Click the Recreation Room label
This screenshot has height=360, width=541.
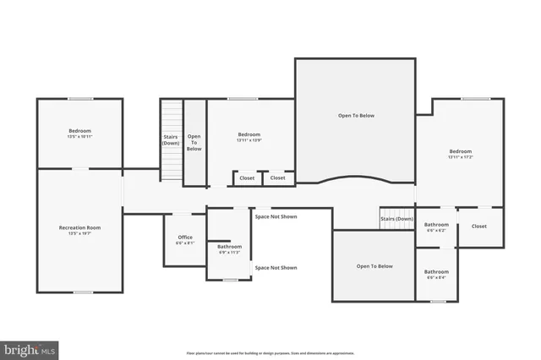tap(79, 227)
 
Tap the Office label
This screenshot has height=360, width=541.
tap(184, 237)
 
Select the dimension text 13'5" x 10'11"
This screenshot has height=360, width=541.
tap(79, 136)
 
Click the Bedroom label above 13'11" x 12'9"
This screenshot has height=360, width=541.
tap(249, 134)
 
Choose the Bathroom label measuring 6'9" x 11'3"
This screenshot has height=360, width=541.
tap(229, 246)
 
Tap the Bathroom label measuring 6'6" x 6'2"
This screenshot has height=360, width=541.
tap(436, 224)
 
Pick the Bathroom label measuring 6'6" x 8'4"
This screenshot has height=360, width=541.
tap(436, 271)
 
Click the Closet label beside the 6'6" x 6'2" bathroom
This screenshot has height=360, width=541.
tap(479, 226)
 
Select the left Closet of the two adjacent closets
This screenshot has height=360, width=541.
tap(247, 178)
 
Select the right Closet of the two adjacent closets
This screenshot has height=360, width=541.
tap(277, 178)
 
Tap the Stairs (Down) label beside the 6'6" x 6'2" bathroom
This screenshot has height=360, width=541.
tap(396, 219)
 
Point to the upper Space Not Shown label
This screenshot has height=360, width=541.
tap(276, 216)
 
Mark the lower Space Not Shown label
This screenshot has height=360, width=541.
tap(276, 267)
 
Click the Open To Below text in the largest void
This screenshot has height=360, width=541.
tap(356, 116)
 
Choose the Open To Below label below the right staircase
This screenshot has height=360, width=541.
tap(374, 266)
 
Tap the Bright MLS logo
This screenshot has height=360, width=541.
tap(30, 348)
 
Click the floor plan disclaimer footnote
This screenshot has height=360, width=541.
tap(270, 353)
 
